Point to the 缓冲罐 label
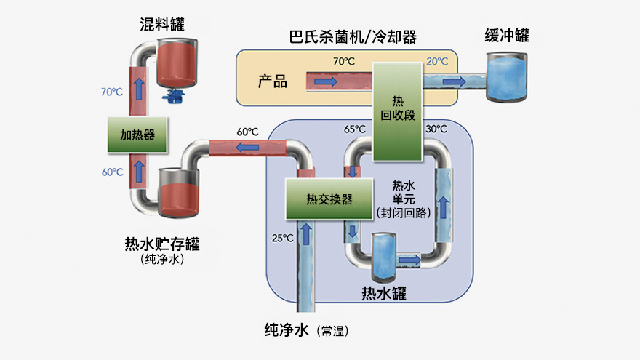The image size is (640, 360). pos(506,36)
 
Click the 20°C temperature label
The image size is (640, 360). pos(437,62)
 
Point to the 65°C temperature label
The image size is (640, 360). pos(355,129)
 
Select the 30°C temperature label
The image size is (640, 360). pos(435,129)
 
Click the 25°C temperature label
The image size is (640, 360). pos(282,238)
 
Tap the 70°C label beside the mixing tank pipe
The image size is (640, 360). pos(112,92)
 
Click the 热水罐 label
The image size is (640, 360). pos(383,294)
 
